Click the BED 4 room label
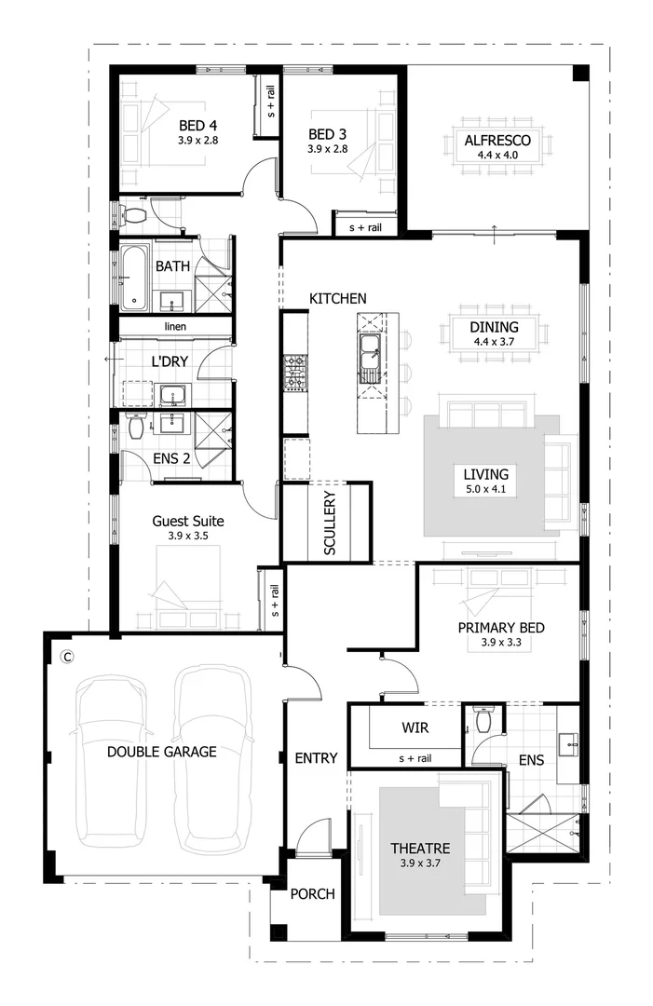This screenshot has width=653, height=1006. pyautogui.click(x=197, y=126)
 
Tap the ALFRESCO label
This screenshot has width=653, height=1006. pyautogui.click(x=497, y=141)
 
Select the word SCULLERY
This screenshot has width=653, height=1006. pyautogui.click(x=330, y=523)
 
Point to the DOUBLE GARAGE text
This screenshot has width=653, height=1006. pyautogui.click(x=162, y=752)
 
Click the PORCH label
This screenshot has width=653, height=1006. pyautogui.click(x=312, y=893)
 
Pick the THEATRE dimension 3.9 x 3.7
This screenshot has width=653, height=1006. pyautogui.click(x=420, y=863)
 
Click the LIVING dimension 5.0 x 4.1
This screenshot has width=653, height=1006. pyautogui.click(x=485, y=489)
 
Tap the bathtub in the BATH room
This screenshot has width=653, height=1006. pyautogui.click(x=133, y=277)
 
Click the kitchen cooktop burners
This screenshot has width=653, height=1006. pyautogui.click(x=295, y=372)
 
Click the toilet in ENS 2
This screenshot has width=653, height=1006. pyautogui.click(x=136, y=426)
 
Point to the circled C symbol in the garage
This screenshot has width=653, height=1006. pyautogui.click(x=66, y=657)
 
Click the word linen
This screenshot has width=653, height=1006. pyautogui.click(x=175, y=327)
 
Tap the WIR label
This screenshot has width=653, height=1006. pyautogui.click(x=415, y=727)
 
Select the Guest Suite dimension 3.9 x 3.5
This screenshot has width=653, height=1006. pyautogui.click(x=188, y=536)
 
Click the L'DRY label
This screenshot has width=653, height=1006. pyautogui.click(x=170, y=361)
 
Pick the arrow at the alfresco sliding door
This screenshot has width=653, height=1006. pyautogui.click(x=495, y=235)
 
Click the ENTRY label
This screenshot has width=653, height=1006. pyautogui.click(x=316, y=758)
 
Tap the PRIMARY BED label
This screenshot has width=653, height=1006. pyautogui.click(x=501, y=628)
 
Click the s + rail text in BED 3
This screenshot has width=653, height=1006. pyautogui.click(x=365, y=228)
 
